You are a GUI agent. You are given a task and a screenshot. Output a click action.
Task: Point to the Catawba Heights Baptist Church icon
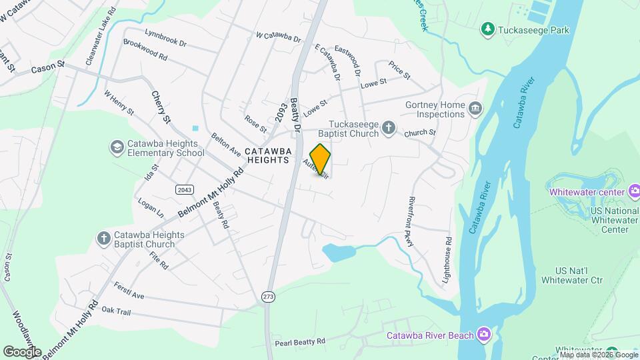pos(103,238)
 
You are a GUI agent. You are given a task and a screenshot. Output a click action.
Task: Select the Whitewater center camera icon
pos(634,192)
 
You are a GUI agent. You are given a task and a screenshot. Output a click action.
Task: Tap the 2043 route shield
pos(185,190)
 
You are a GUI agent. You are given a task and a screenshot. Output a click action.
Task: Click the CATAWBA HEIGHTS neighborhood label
pos(268,155)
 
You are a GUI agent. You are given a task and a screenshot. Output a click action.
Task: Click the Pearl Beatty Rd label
pos(299,342)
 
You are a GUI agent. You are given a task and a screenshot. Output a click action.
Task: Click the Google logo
pos(22,351)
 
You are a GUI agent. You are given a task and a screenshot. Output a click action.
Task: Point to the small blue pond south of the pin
pos(338,253)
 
